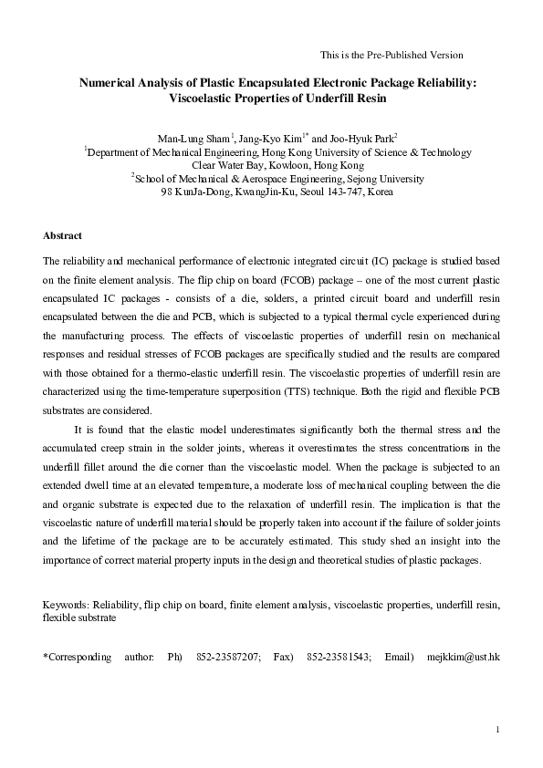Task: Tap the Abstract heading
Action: click(63, 235)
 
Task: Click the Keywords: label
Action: click(67, 604)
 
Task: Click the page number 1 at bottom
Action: click(496, 729)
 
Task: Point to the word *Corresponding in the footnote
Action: click(78, 656)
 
